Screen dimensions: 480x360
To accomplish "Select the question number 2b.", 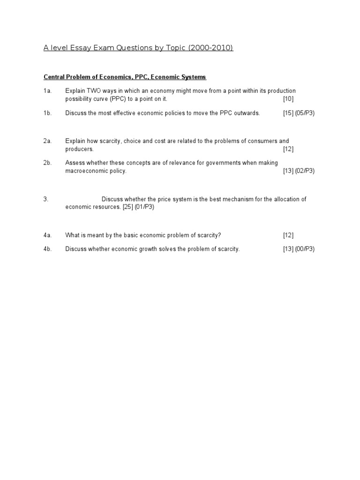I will (47, 163).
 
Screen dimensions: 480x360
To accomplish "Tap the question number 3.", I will (46, 199).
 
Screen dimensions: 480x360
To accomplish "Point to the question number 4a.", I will (47, 235).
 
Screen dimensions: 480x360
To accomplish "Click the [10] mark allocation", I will (288, 99).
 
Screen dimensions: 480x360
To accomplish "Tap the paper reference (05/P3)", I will (305, 113).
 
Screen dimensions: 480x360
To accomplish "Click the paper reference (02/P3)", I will (305, 171).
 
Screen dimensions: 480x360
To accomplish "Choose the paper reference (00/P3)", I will (305, 249).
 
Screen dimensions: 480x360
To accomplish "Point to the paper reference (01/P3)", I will (144, 207).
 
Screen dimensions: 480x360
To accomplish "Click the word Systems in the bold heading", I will (193, 77).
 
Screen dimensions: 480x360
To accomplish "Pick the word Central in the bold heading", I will (54, 77).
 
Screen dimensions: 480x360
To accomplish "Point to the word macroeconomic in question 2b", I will (86, 171).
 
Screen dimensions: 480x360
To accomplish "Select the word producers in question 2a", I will (79, 150).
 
